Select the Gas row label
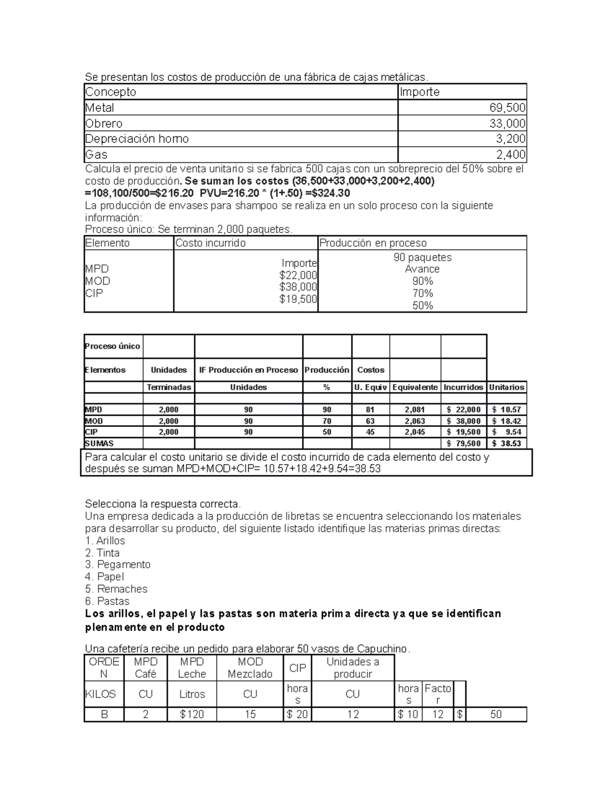(96, 155)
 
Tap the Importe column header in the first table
(419, 92)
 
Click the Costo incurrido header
(210, 243)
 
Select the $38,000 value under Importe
(298, 287)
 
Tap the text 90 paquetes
(422, 257)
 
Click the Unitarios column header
(506, 387)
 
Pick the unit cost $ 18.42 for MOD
(506, 421)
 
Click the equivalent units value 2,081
(414, 410)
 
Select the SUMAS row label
(99, 443)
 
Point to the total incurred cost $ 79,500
(463, 443)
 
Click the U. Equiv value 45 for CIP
(370, 432)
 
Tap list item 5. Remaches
(116, 589)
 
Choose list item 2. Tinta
(102, 552)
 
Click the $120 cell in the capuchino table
(192, 714)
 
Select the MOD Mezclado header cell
(250, 667)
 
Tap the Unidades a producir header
(352, 667)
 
